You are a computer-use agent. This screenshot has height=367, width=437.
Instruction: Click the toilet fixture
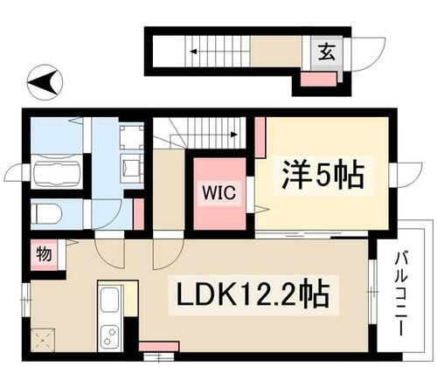[x=49, y=213]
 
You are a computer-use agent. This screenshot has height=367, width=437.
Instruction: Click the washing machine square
[x=131, y=136]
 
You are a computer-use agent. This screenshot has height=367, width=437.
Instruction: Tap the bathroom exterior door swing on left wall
[x=16, y=173]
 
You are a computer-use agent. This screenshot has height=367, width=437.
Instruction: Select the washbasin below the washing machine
[x=130, y=165]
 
